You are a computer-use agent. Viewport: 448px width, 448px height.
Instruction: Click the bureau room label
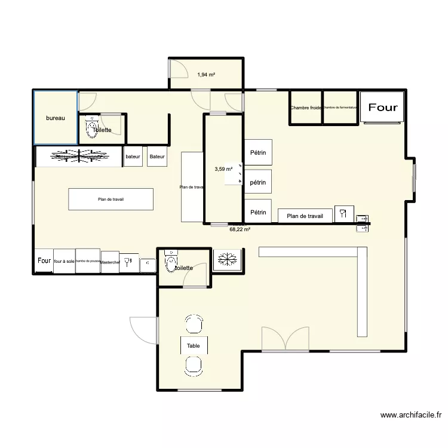click(56, 118)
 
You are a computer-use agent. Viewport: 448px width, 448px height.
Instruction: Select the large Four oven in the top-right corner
click(383, 108)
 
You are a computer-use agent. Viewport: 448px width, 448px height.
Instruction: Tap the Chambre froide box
click(306, 108)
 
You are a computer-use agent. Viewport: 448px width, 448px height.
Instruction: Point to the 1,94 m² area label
click(206, 75)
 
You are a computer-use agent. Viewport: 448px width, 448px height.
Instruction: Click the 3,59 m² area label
click(223, 169)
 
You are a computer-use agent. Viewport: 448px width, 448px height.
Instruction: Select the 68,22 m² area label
click(240, 228)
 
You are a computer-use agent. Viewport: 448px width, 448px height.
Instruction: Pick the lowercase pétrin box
click(258, 183)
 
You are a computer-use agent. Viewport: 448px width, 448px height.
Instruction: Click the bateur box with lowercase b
click(133, 157)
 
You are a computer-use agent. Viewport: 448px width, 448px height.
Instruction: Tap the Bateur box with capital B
click(157, 157)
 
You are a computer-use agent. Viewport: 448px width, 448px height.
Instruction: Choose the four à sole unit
click(64, 261)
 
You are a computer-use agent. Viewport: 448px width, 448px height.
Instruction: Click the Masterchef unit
click(110, 262)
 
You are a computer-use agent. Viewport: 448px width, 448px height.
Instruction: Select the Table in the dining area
click(194, 346)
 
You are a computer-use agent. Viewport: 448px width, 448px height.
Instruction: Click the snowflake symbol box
click(226, 259)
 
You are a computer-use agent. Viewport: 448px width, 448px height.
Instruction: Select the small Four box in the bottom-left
click(44, 261)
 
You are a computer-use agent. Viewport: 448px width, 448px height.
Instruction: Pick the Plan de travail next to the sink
click(305, 216)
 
